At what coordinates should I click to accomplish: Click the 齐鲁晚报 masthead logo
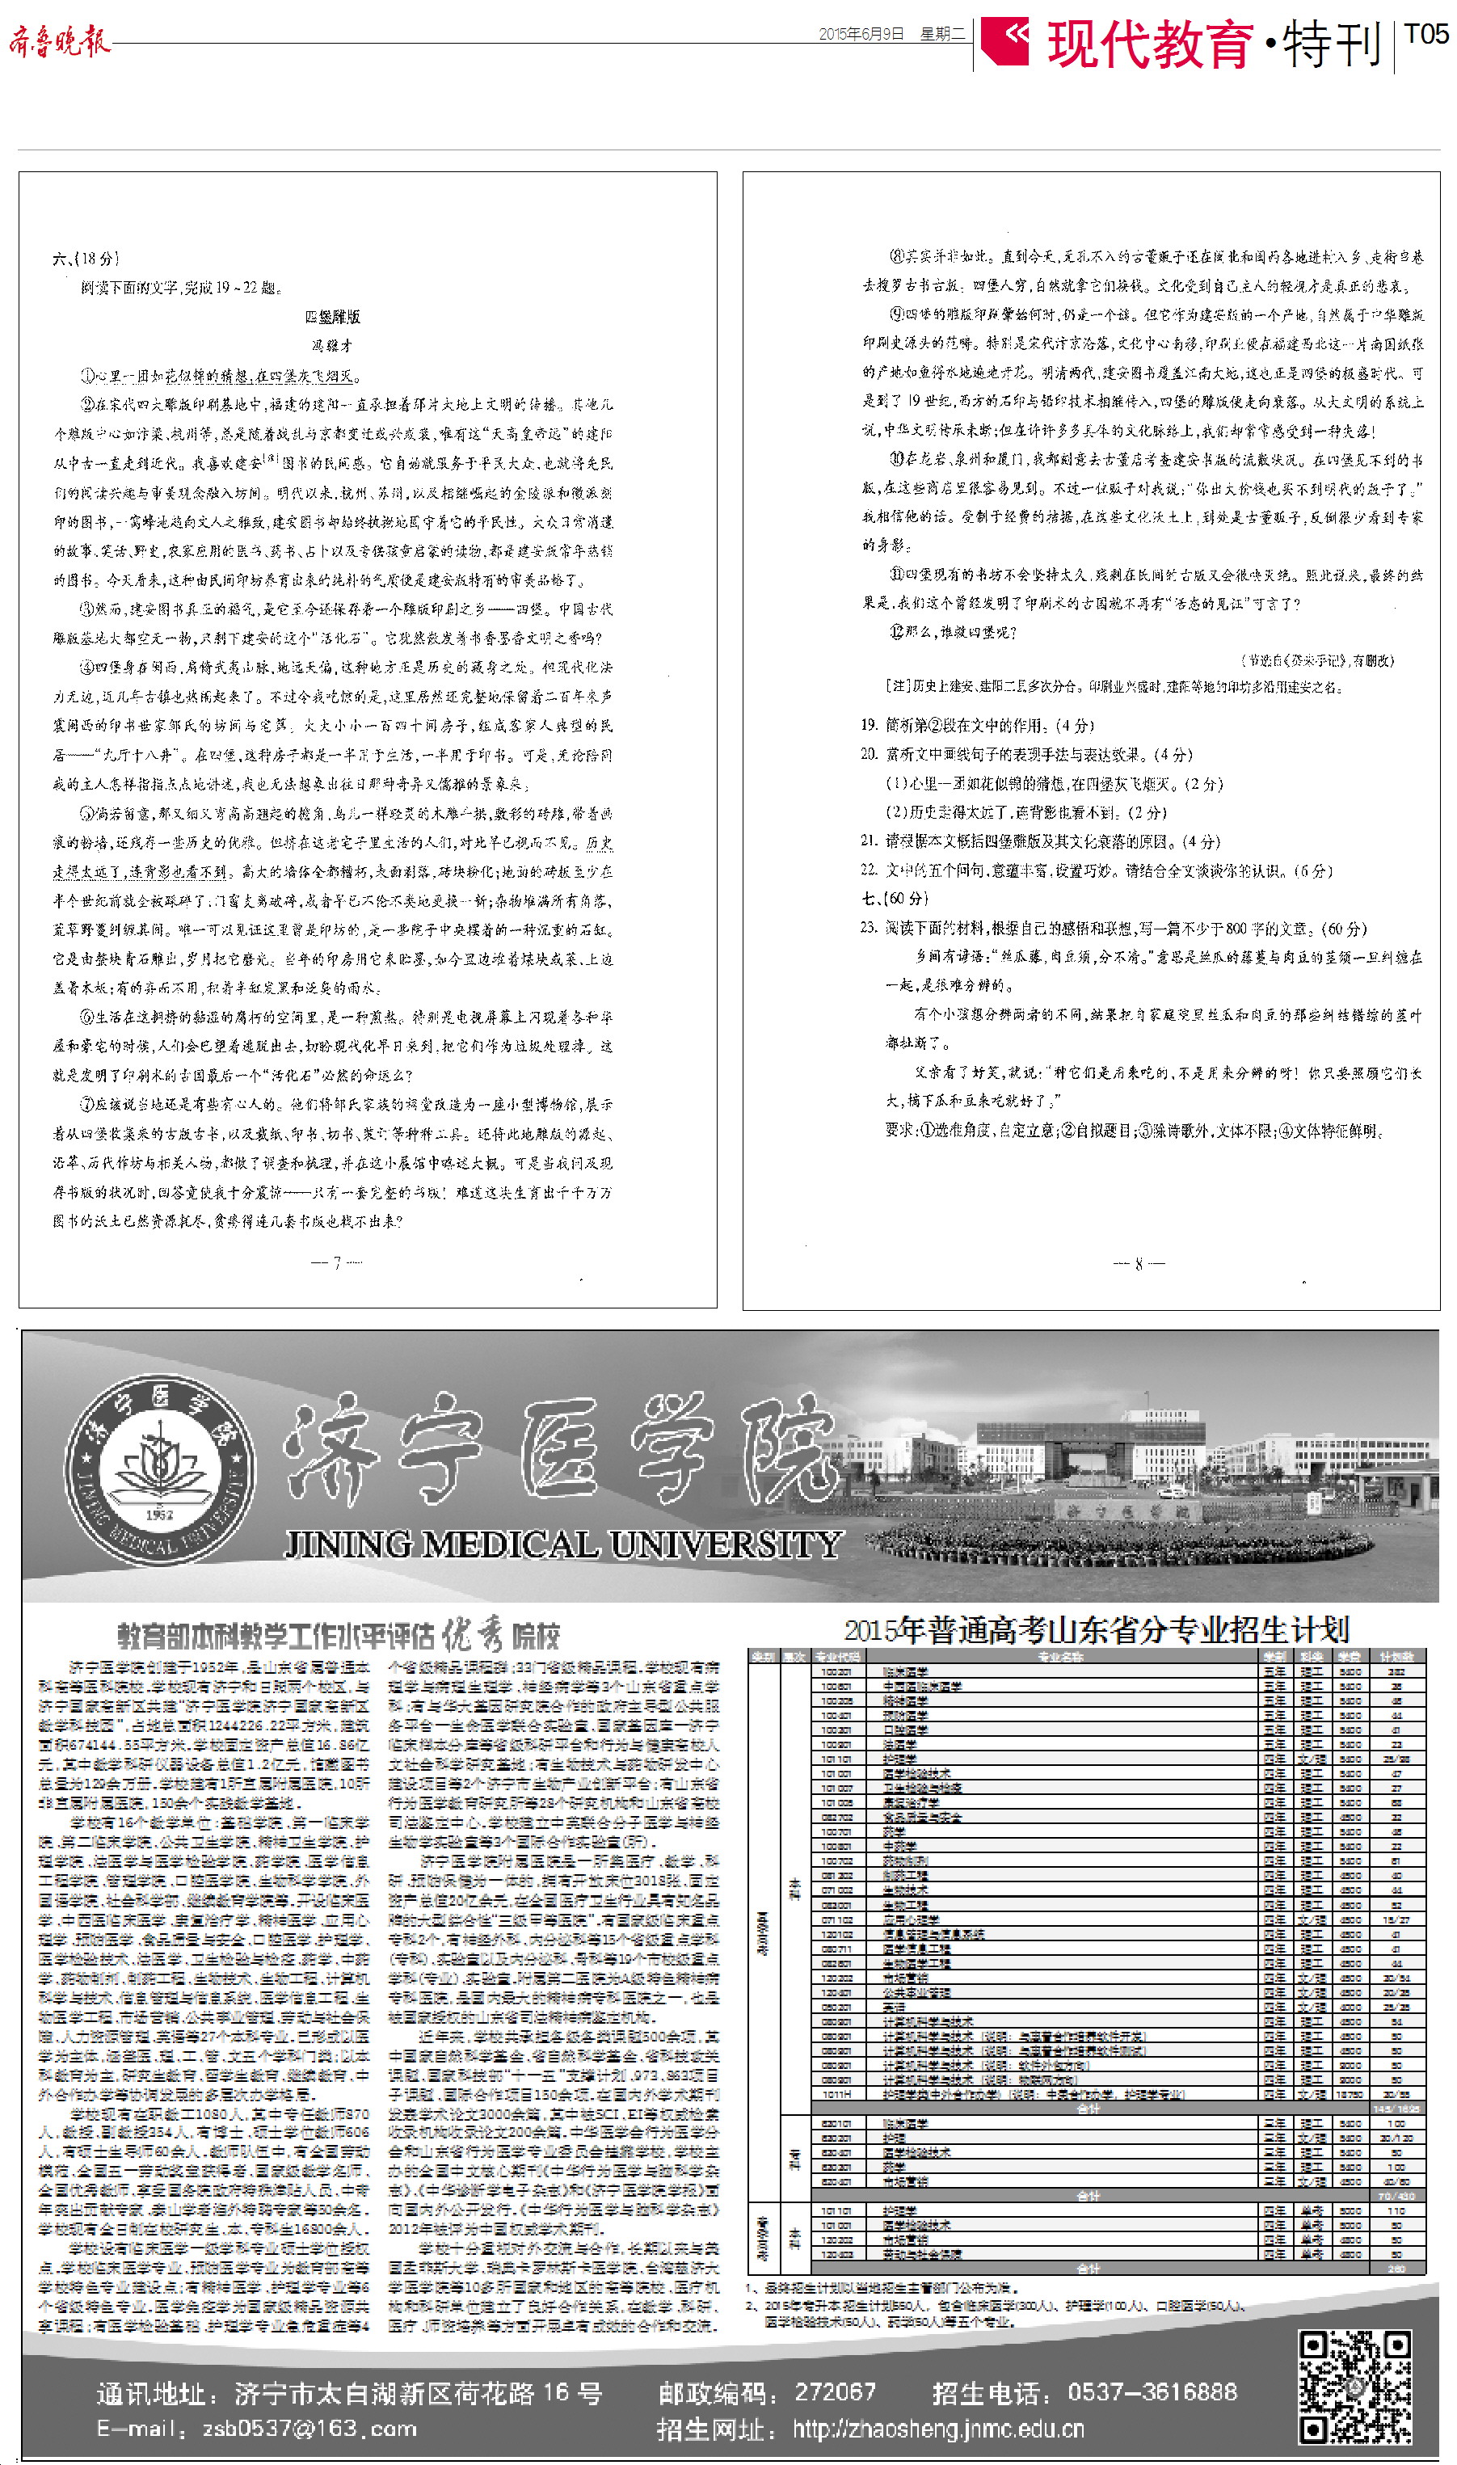[59, 41]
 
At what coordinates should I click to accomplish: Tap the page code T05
[1425, 35]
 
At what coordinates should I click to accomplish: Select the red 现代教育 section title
[1150, 44]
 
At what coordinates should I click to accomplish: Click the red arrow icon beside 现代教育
[1004, 41]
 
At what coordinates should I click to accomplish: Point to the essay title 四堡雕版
[333, 317]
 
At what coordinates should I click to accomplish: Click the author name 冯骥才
[332, 346]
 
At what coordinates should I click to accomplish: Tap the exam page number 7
[337, 1262]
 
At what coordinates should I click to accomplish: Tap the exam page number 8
[1138, 1264]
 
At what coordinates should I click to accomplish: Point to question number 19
[869, 726]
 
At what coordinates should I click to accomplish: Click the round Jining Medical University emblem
[159, 1467]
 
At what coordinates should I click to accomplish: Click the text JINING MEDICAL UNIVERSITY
[562, 1545]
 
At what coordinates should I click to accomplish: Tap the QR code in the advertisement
[1355, 2386]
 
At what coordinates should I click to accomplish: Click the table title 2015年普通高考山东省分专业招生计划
[1096, 1632]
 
